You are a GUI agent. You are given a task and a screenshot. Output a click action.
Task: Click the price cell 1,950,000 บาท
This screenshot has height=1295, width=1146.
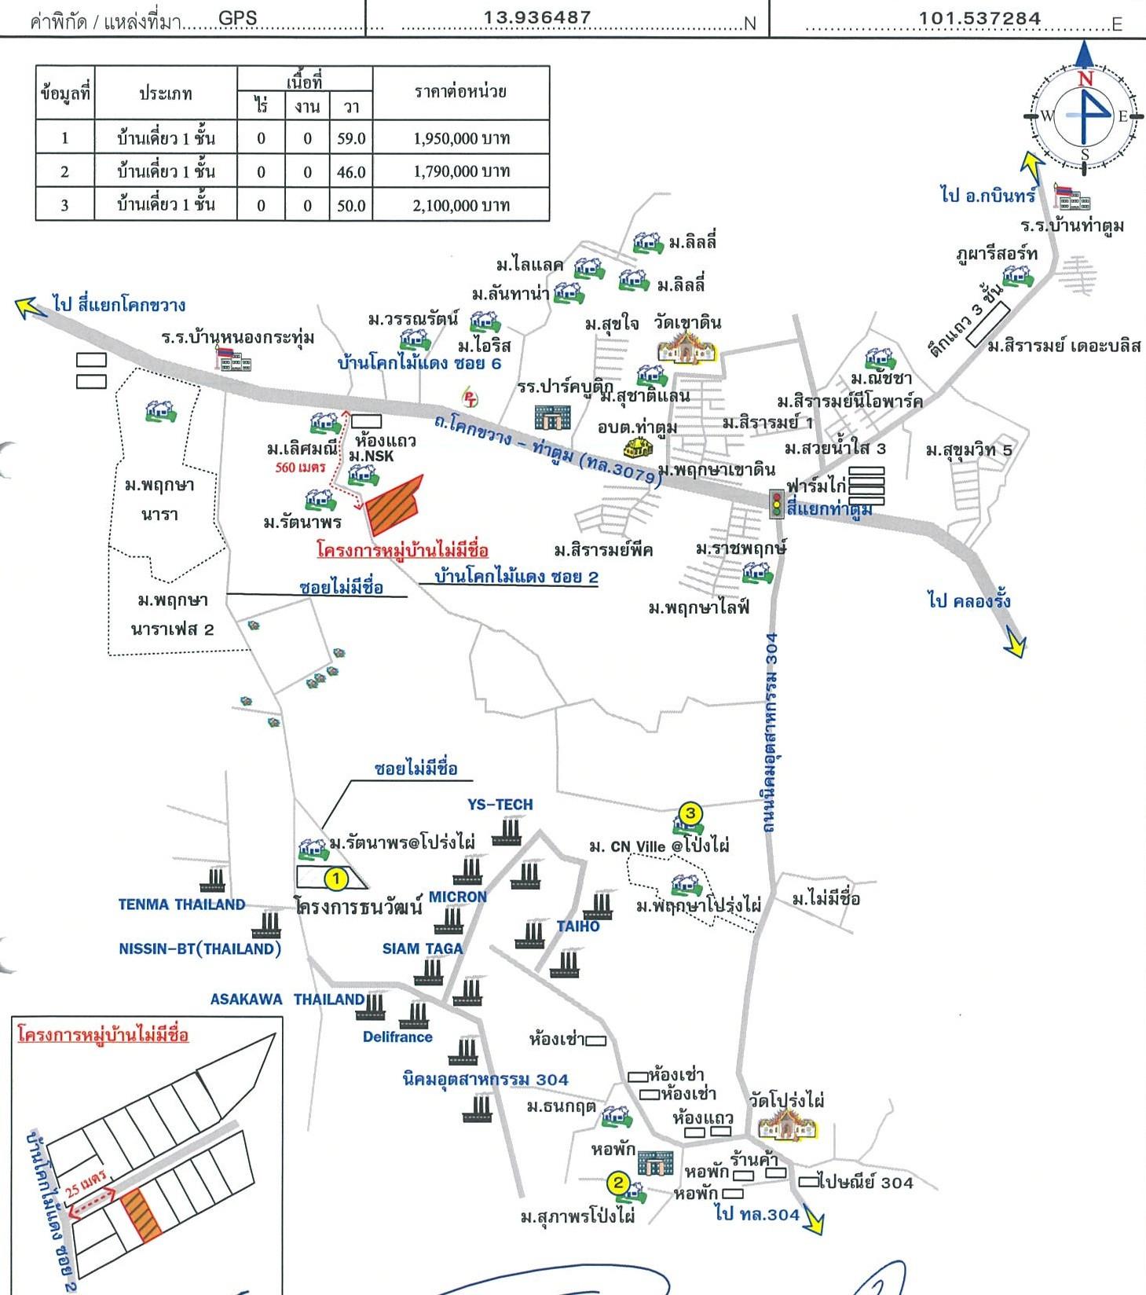[461, 139]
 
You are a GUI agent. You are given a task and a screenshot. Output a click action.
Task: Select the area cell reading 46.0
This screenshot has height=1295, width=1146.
[351, 172]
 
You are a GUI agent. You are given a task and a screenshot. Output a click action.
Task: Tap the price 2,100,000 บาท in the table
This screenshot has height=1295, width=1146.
[461, 206]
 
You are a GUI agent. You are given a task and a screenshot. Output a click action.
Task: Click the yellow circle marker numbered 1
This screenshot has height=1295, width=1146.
[336, 878]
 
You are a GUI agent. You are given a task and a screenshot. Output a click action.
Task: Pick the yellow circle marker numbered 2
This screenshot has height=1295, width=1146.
[618, 1183]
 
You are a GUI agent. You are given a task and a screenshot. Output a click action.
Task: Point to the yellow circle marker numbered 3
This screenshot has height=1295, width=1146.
[690, 813]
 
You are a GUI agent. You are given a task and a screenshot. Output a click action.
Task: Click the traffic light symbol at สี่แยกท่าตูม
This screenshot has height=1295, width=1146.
[776, 503]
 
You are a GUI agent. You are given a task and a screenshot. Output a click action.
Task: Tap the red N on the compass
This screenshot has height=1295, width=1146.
[1086, 79]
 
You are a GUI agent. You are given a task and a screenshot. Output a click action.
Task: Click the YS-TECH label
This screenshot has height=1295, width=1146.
[500, 805]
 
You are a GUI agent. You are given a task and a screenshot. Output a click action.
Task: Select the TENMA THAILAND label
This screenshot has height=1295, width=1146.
[181, 904]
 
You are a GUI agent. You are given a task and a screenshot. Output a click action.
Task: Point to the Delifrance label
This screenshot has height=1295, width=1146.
[397, 1036]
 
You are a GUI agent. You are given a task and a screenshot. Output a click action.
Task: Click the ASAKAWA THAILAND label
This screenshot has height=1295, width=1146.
[287, 1000]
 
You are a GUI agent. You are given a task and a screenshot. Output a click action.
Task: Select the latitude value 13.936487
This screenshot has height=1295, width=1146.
[537, 17]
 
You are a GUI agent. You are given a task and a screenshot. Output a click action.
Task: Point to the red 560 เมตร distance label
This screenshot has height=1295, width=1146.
[300, 468]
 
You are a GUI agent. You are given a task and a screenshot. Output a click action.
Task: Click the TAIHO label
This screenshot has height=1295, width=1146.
[578, 926]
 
